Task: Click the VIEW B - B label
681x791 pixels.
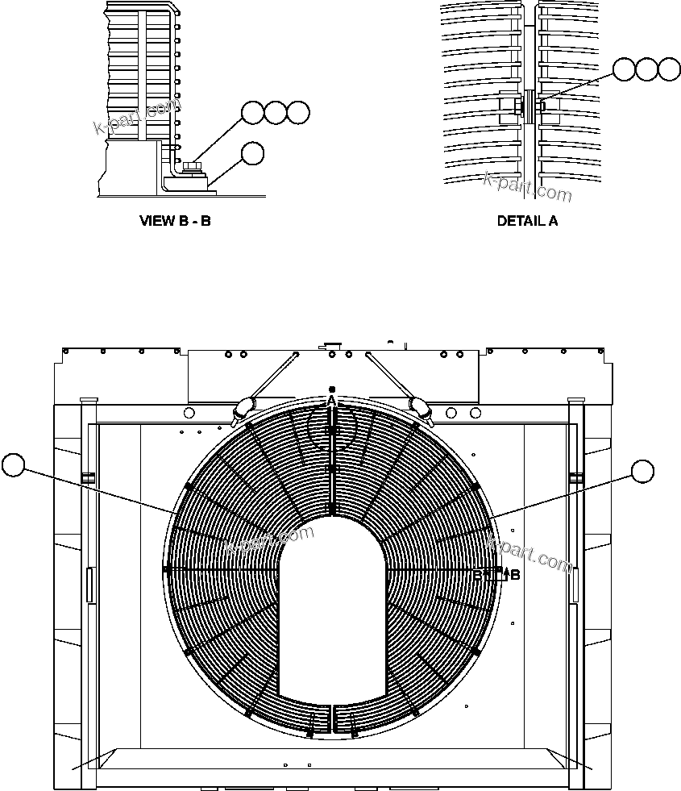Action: pos(175,220)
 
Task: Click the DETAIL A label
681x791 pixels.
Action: pos(527,220)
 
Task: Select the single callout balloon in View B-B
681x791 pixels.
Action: pos(253,153)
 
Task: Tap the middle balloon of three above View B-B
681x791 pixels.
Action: pos(276,113)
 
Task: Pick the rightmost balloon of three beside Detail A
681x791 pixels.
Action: pos(669,69)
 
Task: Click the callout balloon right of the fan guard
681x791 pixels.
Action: pos(642,472)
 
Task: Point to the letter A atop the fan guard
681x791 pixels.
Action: pos(330,399)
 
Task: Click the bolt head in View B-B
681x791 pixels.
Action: pos(192,168)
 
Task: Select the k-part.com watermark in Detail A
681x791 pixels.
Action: pos(527,188)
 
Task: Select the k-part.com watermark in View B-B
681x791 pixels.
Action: pos(138,118)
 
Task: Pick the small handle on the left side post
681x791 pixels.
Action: pos(90,585)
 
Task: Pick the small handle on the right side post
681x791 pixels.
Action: pos(575,585)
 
